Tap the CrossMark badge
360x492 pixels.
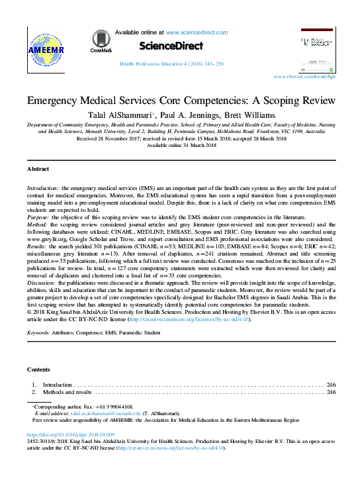pos(101,41)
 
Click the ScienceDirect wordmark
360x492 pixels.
pos(171,45)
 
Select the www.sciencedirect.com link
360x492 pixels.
pos(198,32)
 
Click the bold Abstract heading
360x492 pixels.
pos(38,169)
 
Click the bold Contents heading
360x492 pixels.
pos(38,369)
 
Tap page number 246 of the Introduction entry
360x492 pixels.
pos(331,384)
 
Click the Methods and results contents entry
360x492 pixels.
pos(67,392)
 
